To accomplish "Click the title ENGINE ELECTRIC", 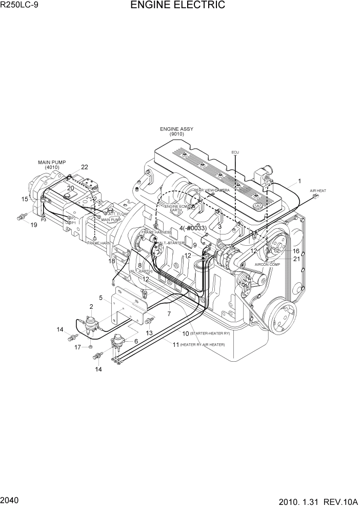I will pos(177,6).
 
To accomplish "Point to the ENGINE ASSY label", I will pos(176,129).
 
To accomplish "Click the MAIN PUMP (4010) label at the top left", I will pos(52,165).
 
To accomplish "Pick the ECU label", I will pos(235,152).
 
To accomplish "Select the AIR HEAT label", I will pos(318,191).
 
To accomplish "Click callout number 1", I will pos(299,181).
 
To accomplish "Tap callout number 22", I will pos(85,167).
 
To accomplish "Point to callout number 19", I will pos(34,225).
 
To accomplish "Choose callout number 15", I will pos(24,199).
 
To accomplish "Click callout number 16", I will pos(296,251).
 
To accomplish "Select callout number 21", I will pos(296,259).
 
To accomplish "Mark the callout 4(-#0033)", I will pos(193,228).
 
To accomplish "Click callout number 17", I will pos(77,347).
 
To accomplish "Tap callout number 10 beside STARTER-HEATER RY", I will pos(186,334).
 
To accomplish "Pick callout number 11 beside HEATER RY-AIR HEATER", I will pos(176,345).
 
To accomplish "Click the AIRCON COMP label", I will pos(267,264).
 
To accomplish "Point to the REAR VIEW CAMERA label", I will pos(212,190).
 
